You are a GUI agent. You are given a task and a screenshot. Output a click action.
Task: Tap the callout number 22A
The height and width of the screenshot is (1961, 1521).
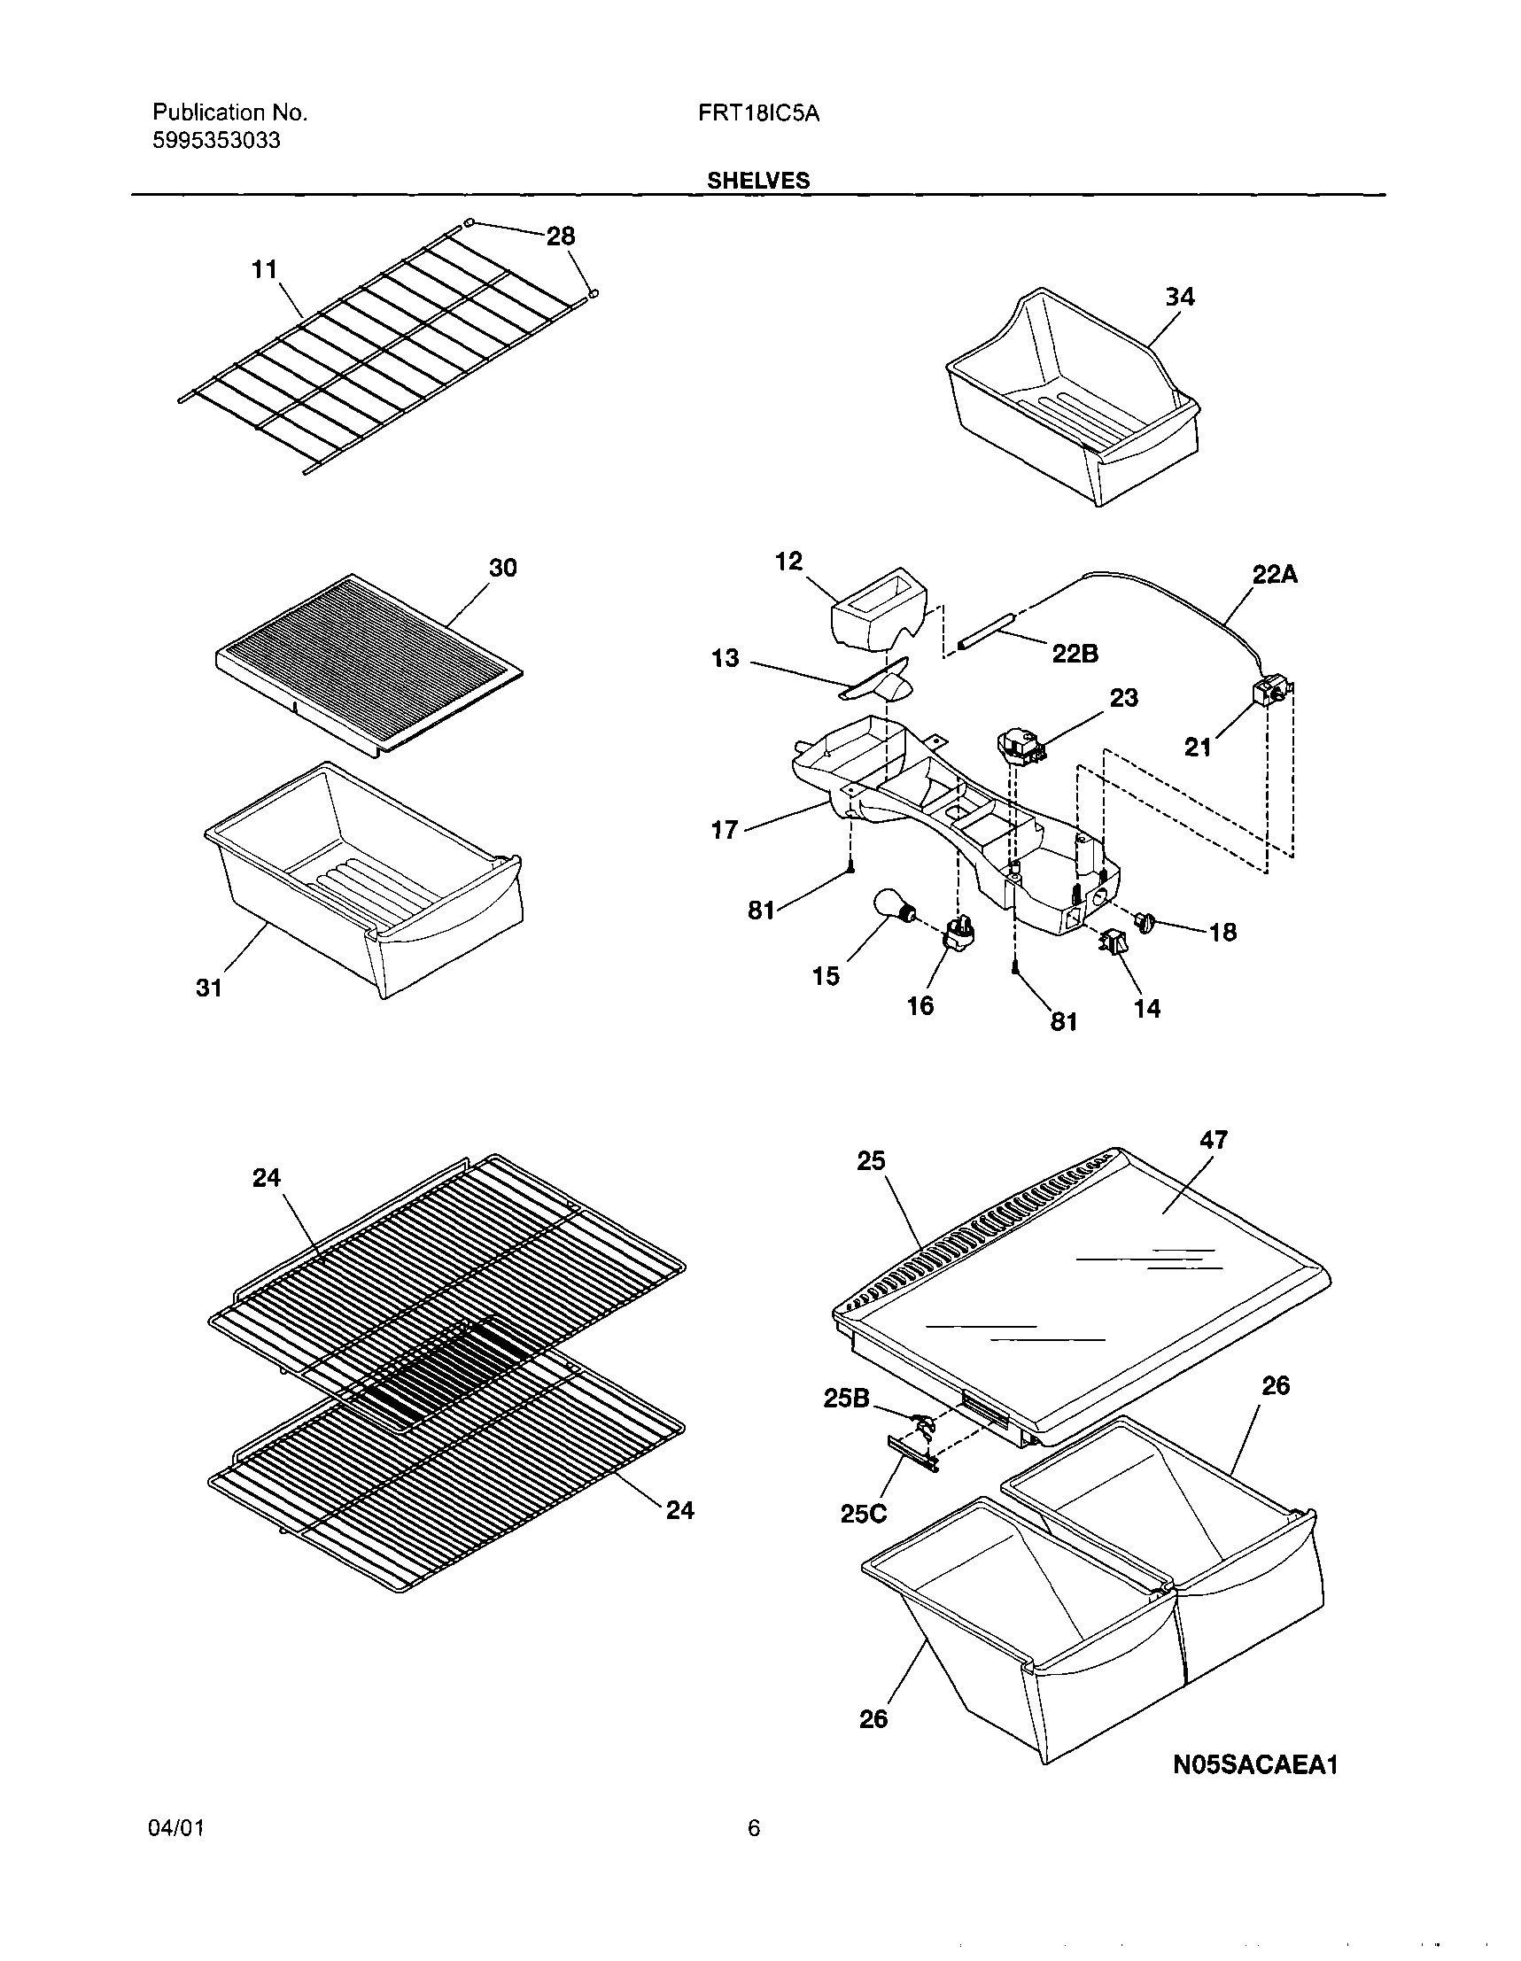(1275, 575)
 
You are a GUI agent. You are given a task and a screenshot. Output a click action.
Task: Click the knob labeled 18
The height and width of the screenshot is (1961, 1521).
(1145, 921)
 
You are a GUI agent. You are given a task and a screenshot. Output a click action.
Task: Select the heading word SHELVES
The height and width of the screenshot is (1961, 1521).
(757, 181)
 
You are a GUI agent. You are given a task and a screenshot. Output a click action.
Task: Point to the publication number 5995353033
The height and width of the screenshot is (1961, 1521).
(216, 141)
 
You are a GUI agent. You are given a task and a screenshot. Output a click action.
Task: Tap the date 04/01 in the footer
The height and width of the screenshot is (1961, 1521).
(176, 1829)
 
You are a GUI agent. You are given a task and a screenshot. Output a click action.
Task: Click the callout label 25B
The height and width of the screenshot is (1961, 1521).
(847, 1398)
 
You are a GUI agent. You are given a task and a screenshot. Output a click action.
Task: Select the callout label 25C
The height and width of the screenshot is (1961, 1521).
(863, 1514)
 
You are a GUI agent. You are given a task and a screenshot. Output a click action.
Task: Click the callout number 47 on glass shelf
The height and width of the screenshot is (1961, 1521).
(1212, 1139)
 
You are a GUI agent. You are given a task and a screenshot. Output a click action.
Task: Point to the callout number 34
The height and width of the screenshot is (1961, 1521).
(1179, 298)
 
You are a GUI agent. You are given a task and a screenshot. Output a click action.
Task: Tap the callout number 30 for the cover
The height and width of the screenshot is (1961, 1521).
(502, 568)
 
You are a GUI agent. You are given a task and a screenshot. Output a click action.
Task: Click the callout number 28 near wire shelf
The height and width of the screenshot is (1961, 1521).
(560, 236)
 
